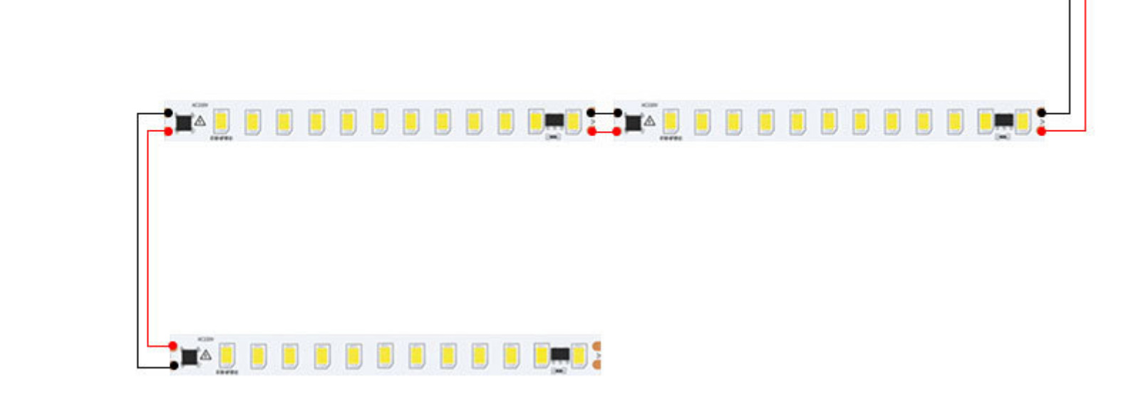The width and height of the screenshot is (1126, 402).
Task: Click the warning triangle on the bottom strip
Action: pyautogui.click(x=206, y=355)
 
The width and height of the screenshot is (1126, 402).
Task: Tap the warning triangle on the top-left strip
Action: pyautogui.click(x=200, y=121)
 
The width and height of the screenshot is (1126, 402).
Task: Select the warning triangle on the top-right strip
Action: pyautogui.click(x=649, y=121)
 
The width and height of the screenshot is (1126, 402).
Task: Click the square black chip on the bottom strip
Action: pyautogui.click(x=190, y=356)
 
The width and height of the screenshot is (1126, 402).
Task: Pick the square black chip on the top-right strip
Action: pyautogui.click(x=633, y=123)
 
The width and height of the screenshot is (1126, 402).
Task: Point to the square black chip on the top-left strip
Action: pyautogui.click(x=184, y=123)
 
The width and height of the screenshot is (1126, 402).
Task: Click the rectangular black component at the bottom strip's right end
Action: pyautogui.click(x=560, y=354)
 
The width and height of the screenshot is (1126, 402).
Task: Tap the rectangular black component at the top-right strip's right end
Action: pyautogui.click(x=1004, y=120)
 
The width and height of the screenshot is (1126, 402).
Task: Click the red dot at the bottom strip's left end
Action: pyautogui.click(x=172, y=346)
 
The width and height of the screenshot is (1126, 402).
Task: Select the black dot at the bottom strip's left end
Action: pyautogui.click(x=174, y=366)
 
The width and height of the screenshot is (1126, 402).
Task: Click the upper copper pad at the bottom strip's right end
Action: pyautogui.click(x=597, y=347)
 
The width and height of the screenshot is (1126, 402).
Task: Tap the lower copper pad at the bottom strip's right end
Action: pyautogui.click(x=597, y=365)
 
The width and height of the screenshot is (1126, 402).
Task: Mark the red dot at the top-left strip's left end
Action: pyautogui.click(x=168, y=131)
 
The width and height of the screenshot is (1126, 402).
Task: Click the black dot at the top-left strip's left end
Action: pyautogui.click(x=168, y=113)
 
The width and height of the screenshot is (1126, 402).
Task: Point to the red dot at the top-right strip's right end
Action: pyautogui.click(x=1041, y=131)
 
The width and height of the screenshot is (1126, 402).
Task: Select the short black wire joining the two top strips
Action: pyautogui.click(x=604, y=113)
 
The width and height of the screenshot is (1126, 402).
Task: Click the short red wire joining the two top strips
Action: pyautogui.click(x=604, y=131)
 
